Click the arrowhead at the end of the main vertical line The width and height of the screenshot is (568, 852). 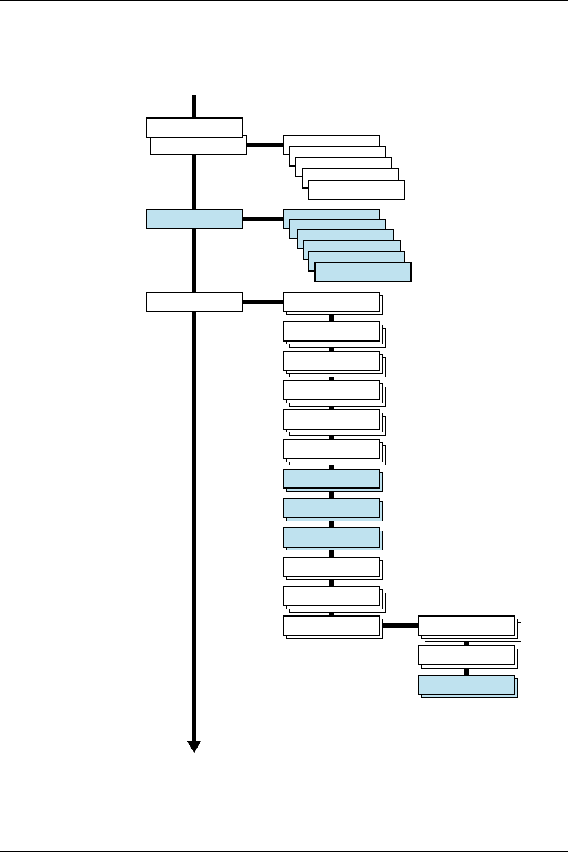point(194,746)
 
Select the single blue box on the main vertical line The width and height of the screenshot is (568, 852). point(194,219)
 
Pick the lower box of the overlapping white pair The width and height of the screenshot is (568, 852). point(198,148)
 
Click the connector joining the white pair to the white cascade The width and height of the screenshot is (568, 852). point(264,145)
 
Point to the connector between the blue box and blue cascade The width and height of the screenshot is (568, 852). point(263,219)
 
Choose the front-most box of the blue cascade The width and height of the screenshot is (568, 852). point(363,272)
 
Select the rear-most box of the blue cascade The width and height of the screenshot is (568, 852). point(331,214)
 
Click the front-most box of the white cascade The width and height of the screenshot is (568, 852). point(357,190)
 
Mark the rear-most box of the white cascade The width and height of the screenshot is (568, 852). point(331,140)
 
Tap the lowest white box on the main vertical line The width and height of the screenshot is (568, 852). point(194,302)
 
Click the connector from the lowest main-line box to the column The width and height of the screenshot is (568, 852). point(263,302)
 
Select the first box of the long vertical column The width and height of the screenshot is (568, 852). point(331,302)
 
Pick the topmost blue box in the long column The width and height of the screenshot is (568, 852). point(331,478)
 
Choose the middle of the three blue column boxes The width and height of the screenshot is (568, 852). point(331,508)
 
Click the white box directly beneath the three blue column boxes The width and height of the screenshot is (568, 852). point(331,566)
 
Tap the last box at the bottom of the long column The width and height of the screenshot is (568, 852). point(331,625)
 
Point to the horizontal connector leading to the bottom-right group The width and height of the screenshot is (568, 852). point(400,626)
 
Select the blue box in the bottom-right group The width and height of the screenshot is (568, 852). point(466,684)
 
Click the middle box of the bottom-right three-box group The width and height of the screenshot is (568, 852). point(466,655)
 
